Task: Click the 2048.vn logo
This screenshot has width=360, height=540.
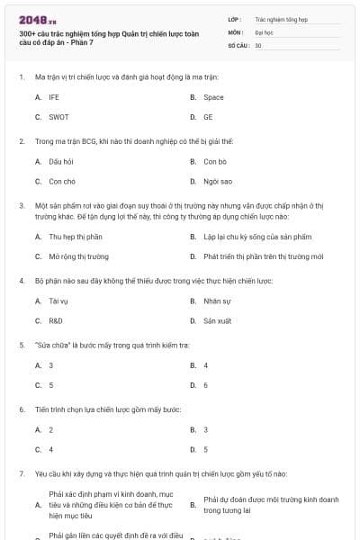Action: [x=38, y=20]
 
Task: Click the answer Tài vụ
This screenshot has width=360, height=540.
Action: [x=58, y=301]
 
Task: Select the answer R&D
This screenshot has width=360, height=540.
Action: [x=56, y=320]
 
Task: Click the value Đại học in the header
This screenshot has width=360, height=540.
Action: [x=264, y=31]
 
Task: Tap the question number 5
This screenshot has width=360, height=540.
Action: [x=22, y=345]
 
